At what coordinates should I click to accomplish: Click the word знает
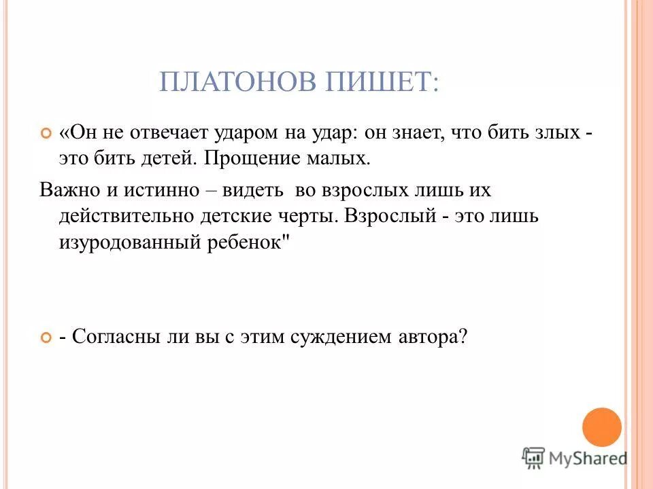416,133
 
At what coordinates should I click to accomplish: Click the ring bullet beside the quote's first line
46,134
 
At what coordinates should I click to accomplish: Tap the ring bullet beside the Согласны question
46,338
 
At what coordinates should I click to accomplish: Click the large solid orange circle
602,426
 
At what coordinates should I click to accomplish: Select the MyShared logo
575,458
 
